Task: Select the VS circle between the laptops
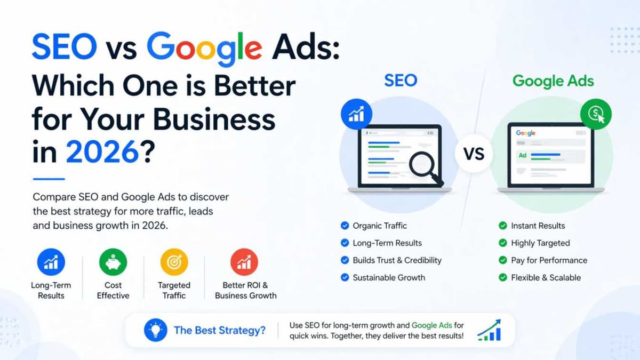click(474, 155)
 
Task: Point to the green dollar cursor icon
click(596, 114)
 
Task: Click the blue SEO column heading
click(401, 81)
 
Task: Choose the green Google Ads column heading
click(553, 81)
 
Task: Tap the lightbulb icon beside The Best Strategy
click(156, 330)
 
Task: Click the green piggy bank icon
click(113, 262)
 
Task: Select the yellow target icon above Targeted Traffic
click(174, 262)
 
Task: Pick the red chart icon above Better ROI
click(244, 262)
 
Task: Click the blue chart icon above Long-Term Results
click(51, 262)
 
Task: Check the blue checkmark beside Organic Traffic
click(345, 226)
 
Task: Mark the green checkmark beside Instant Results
click(502, 226)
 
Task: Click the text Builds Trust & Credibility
click(397, 260)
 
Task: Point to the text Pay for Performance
click(549, 260)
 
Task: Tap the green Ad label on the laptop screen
click(523, 156)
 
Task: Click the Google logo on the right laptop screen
click(525, 133)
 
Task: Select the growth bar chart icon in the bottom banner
click(489, 330)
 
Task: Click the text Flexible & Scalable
click(546, 277)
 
